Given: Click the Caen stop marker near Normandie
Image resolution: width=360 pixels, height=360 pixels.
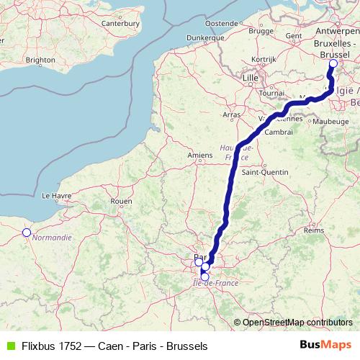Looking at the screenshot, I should click(27, 232).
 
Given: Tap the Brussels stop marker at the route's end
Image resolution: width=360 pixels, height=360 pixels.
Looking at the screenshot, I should click(333, 63).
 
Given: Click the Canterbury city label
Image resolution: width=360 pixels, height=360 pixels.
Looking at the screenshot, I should click(120, 22).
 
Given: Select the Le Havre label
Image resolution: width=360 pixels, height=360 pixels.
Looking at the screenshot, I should click(55, 195).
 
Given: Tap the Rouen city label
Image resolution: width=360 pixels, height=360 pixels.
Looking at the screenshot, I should click(122, 201).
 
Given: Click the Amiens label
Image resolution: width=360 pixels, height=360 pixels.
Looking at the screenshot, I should click(199, 154).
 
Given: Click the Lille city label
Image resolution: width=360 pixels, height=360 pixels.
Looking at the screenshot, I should click(251, 76).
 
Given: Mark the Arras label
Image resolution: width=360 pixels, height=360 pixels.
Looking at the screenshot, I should click(232, 114).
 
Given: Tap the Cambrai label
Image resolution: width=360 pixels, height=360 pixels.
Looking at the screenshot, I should click(278, 132).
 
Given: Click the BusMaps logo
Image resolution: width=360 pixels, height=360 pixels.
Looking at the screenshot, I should click(325, 345).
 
